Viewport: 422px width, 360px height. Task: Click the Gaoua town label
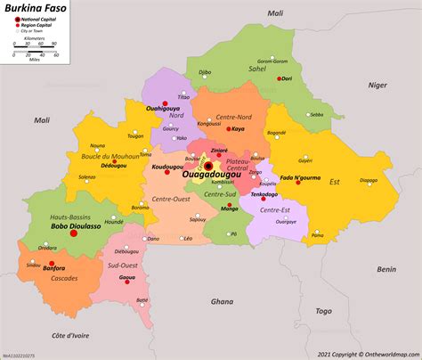[127, 278]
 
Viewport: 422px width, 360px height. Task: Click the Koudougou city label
[168, 167]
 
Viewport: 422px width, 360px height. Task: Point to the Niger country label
[377, 86]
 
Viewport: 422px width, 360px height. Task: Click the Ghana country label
[222, 302]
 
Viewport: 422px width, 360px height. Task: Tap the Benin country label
[385, 268]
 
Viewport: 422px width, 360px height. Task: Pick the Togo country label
[324, 311]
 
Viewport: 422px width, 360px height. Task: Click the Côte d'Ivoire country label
[66, 335]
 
